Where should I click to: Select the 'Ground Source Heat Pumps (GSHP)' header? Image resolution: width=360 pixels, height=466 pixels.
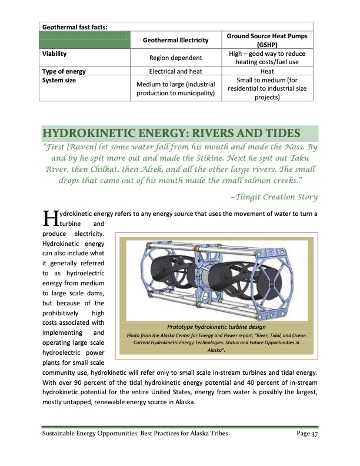click(268, 40)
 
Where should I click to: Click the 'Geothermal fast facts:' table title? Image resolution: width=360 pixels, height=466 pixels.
click(77, 26)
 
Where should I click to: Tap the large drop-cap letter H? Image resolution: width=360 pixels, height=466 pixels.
click(49, 219)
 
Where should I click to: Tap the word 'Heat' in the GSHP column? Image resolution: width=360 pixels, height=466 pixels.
click(268, 71)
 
